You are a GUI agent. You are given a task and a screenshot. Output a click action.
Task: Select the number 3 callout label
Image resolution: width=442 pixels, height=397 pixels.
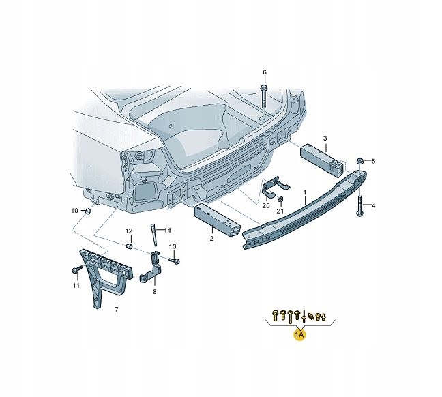[x=325, y=138]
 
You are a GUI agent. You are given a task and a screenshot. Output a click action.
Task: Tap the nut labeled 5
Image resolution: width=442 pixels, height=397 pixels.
[x=359, y=162]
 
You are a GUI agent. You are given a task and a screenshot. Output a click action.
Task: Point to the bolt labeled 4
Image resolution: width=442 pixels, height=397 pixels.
[x=359, y=205]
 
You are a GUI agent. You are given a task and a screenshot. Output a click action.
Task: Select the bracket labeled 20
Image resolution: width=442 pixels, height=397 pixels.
[x=274, y=187]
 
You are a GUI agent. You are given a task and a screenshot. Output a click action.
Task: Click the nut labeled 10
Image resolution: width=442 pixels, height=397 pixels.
[x=88, y=211]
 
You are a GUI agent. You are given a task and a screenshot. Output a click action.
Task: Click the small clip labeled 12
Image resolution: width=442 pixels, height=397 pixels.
[x=129, y=246]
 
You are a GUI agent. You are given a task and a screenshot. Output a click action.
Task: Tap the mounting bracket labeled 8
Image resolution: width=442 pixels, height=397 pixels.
[x=153, y=270]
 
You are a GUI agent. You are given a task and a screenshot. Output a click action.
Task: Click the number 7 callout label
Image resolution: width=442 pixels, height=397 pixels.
[x=116, y=309]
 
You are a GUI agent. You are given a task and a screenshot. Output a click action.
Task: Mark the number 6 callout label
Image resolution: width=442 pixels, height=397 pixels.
[x=265, y=72]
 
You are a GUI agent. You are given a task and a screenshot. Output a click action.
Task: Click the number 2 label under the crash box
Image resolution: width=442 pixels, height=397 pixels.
[x=211, y=238]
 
